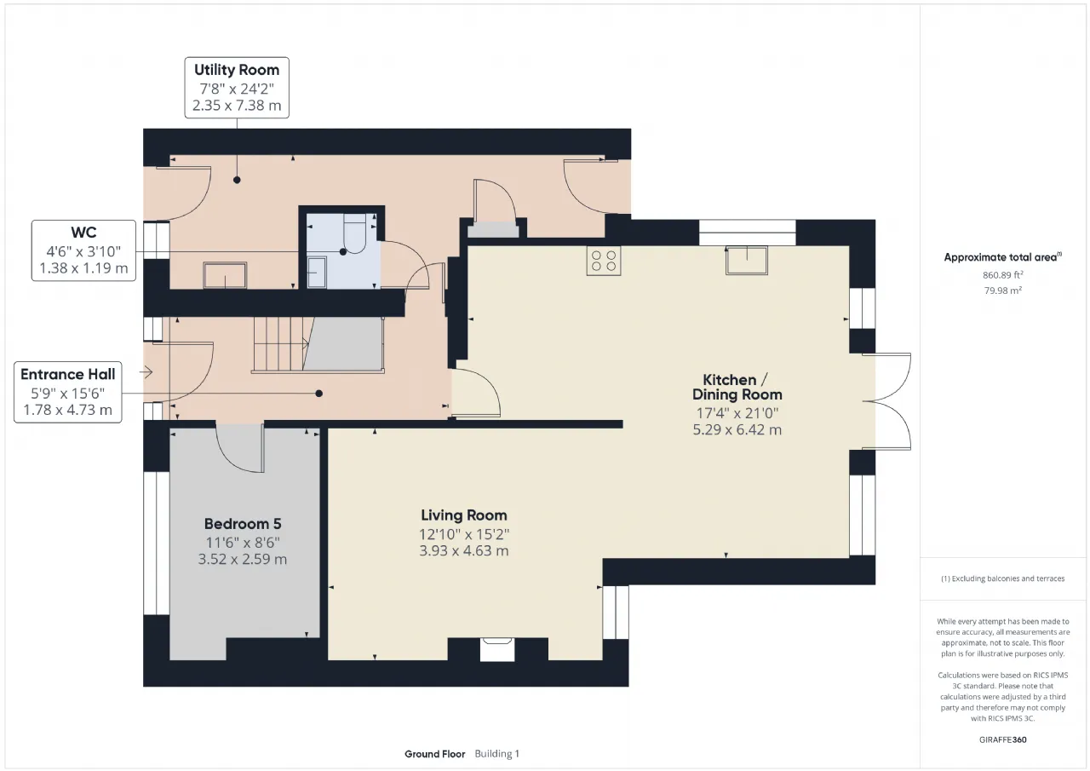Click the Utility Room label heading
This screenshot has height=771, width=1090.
237,70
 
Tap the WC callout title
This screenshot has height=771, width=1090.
83,233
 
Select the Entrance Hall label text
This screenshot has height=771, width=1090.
67,374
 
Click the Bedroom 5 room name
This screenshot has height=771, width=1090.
243,524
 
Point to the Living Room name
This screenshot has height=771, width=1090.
464,515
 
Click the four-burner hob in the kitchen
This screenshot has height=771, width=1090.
604,261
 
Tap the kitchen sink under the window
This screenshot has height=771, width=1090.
747,261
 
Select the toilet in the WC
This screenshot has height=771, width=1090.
355,233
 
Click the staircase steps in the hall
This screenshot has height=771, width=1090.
281,344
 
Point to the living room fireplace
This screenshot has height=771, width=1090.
497,649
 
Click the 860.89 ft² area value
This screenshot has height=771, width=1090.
1002,275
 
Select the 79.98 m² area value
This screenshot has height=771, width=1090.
1002,291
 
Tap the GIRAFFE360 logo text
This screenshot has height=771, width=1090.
1002,739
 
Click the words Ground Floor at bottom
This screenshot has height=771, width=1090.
434,754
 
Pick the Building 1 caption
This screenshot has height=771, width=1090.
496,754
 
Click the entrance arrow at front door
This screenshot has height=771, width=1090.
146,372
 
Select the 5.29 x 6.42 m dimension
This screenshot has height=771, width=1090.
737,429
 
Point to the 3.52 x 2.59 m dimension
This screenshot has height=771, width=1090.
243,559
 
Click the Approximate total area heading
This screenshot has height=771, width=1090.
1002,257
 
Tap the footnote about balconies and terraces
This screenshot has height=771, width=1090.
1002,578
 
